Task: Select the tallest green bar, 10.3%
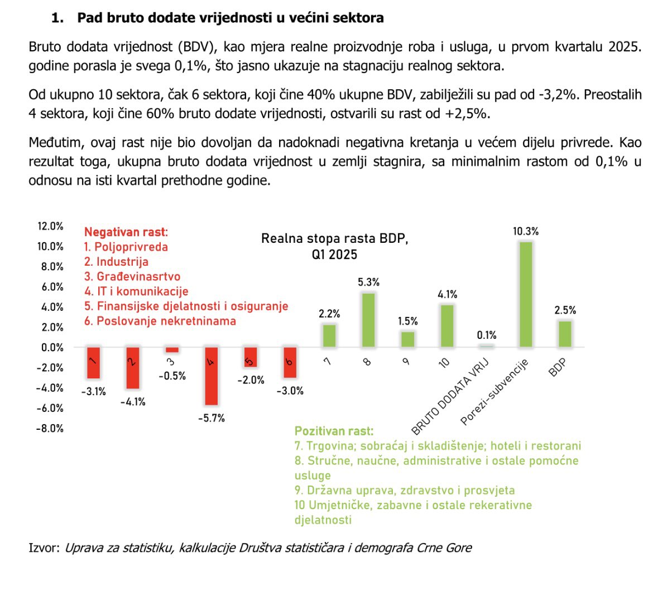pos(525,294)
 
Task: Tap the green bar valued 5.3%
pos(368,320)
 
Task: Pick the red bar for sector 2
pos(132,368)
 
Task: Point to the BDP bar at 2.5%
pos(565,334)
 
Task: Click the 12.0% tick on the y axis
pos(50,226)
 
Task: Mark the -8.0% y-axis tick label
pos(50,429)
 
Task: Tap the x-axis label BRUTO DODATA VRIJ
pos(451,396)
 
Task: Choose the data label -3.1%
pos(93,392)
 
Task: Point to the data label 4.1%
pos(447,294)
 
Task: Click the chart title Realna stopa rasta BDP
pos(334,239)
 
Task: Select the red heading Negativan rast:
pos(126,232)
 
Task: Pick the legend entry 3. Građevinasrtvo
pos(132,276)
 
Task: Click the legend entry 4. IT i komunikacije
pos(136,291)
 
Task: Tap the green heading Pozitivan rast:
pos(334,431)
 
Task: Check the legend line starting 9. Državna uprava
pos(405,490)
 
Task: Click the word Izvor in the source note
pos(42,548)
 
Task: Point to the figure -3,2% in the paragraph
pos(558,94)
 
